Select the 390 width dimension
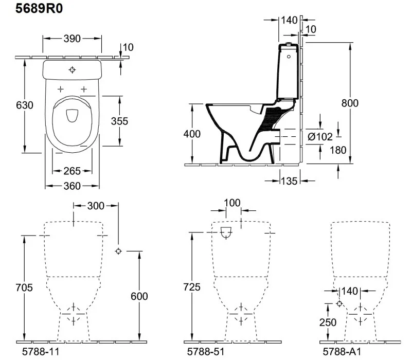click(72, 39)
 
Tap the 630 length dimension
click(10, 105)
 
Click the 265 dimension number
click(72, 171)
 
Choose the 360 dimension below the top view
click(72, 186)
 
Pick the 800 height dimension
click(350, 103)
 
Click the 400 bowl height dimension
click(192, 134)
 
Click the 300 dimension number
click(95, 206)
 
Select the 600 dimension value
click(139, 296)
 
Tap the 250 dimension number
click(327, 322)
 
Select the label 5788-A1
click(340, 352)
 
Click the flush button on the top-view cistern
click(72, 69)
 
